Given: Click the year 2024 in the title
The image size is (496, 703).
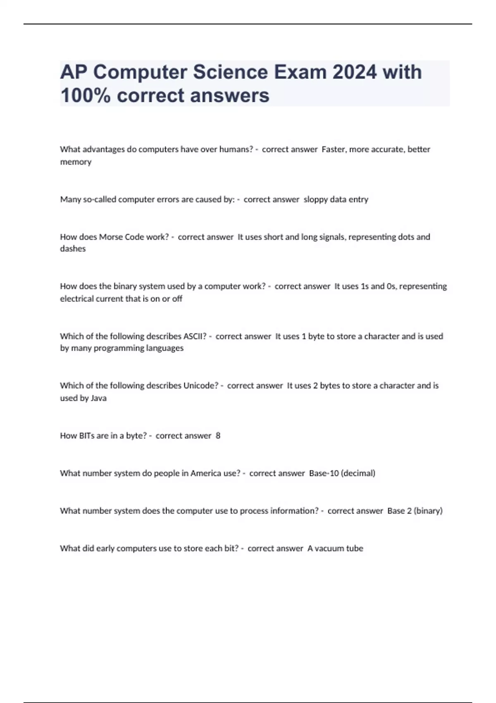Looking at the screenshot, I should pos(355,72).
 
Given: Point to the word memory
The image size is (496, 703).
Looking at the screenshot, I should pos(76,162).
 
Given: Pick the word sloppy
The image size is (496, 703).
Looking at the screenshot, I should pos(315,199).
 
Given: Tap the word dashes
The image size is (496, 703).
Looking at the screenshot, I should pos(73,249).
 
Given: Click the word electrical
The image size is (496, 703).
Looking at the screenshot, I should pos(76,299).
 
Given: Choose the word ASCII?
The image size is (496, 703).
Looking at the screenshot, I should pos(195,336).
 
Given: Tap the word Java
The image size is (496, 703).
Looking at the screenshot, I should pos(98,398).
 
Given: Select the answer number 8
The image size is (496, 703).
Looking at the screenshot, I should pos(218,435).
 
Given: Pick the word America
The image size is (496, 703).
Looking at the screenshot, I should pos(205,473).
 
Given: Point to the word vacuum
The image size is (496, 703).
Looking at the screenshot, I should pos(329,548).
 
